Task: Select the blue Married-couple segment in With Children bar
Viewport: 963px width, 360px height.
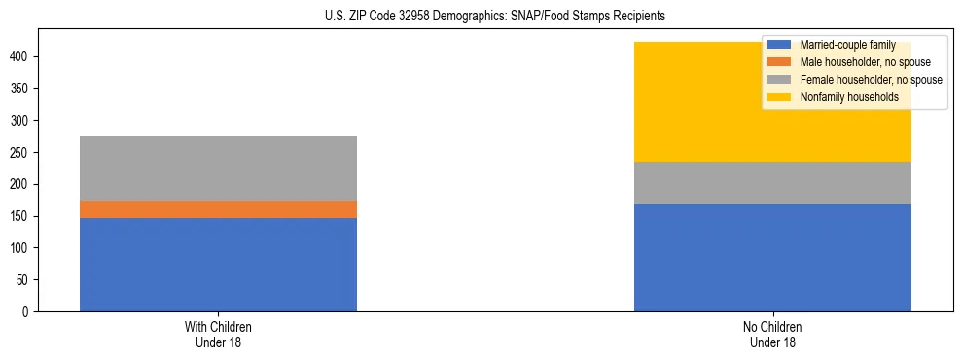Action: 218,265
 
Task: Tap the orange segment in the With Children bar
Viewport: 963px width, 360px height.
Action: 218,209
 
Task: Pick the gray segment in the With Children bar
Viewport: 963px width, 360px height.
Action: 218,168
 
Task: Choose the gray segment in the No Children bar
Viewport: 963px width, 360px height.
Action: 772,183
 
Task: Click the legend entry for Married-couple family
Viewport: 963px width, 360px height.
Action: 847,45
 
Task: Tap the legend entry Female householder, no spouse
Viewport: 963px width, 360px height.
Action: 871,80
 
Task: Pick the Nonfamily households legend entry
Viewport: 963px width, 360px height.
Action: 849,97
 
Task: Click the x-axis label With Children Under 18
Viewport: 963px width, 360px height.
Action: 218,334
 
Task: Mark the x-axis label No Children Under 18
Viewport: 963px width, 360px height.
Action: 772,334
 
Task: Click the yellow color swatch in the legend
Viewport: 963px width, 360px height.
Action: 779,97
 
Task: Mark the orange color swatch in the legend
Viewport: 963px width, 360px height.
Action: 779,62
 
